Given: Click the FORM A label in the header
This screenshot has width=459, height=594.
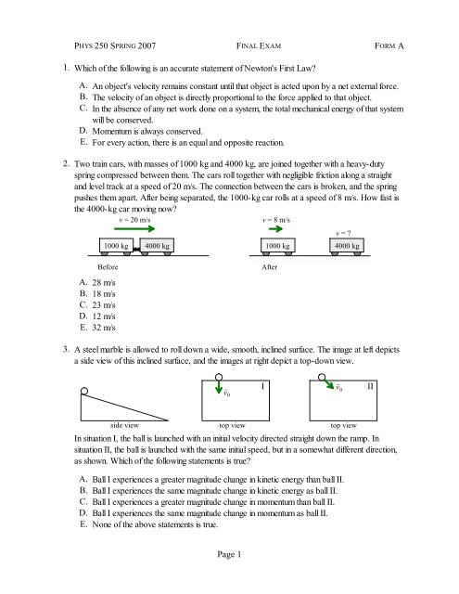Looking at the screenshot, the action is click(x=389, y=45).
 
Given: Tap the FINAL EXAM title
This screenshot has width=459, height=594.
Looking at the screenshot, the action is click(x=259, y=45).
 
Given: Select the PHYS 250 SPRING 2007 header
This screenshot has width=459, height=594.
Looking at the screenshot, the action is click(x=115, y=45).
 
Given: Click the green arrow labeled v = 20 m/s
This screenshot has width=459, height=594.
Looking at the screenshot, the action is click(x=134, y=228).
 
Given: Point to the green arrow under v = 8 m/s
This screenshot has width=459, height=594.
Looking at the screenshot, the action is click(x=275, y=228).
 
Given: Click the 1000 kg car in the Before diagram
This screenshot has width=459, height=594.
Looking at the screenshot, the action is click(x=116, y=246).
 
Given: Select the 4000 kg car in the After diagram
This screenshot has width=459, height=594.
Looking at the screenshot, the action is click(x=347, y=246).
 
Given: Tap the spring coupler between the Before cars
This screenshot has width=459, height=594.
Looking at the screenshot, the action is click(x=136, y=249).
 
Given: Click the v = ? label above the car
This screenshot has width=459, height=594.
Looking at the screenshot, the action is click(x=344, y=233).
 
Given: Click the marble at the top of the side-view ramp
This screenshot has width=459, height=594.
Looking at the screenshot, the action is click(x=84, y=391).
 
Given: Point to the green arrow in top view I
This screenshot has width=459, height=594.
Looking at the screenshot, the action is click(x=219, y=386).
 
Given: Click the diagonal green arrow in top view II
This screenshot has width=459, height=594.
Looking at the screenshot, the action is click(x=329, y=383).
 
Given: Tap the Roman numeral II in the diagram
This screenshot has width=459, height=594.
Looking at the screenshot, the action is click(x=370, y=386).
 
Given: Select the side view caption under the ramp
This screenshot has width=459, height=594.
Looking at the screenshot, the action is click(x=124, y=425).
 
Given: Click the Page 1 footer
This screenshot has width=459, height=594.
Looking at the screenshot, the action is click(x=229, y=555).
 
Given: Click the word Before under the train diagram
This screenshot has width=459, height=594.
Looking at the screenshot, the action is click(x=108, y=267).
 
